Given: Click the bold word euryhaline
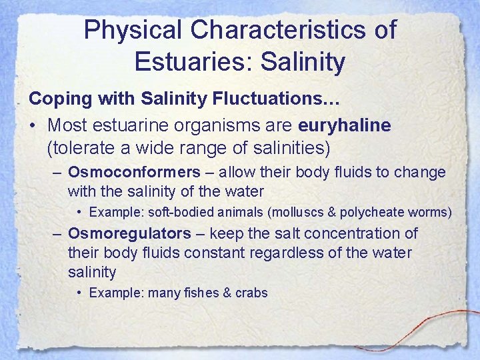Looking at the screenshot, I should click(345, 125).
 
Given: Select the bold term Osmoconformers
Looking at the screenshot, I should click(134, 173).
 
